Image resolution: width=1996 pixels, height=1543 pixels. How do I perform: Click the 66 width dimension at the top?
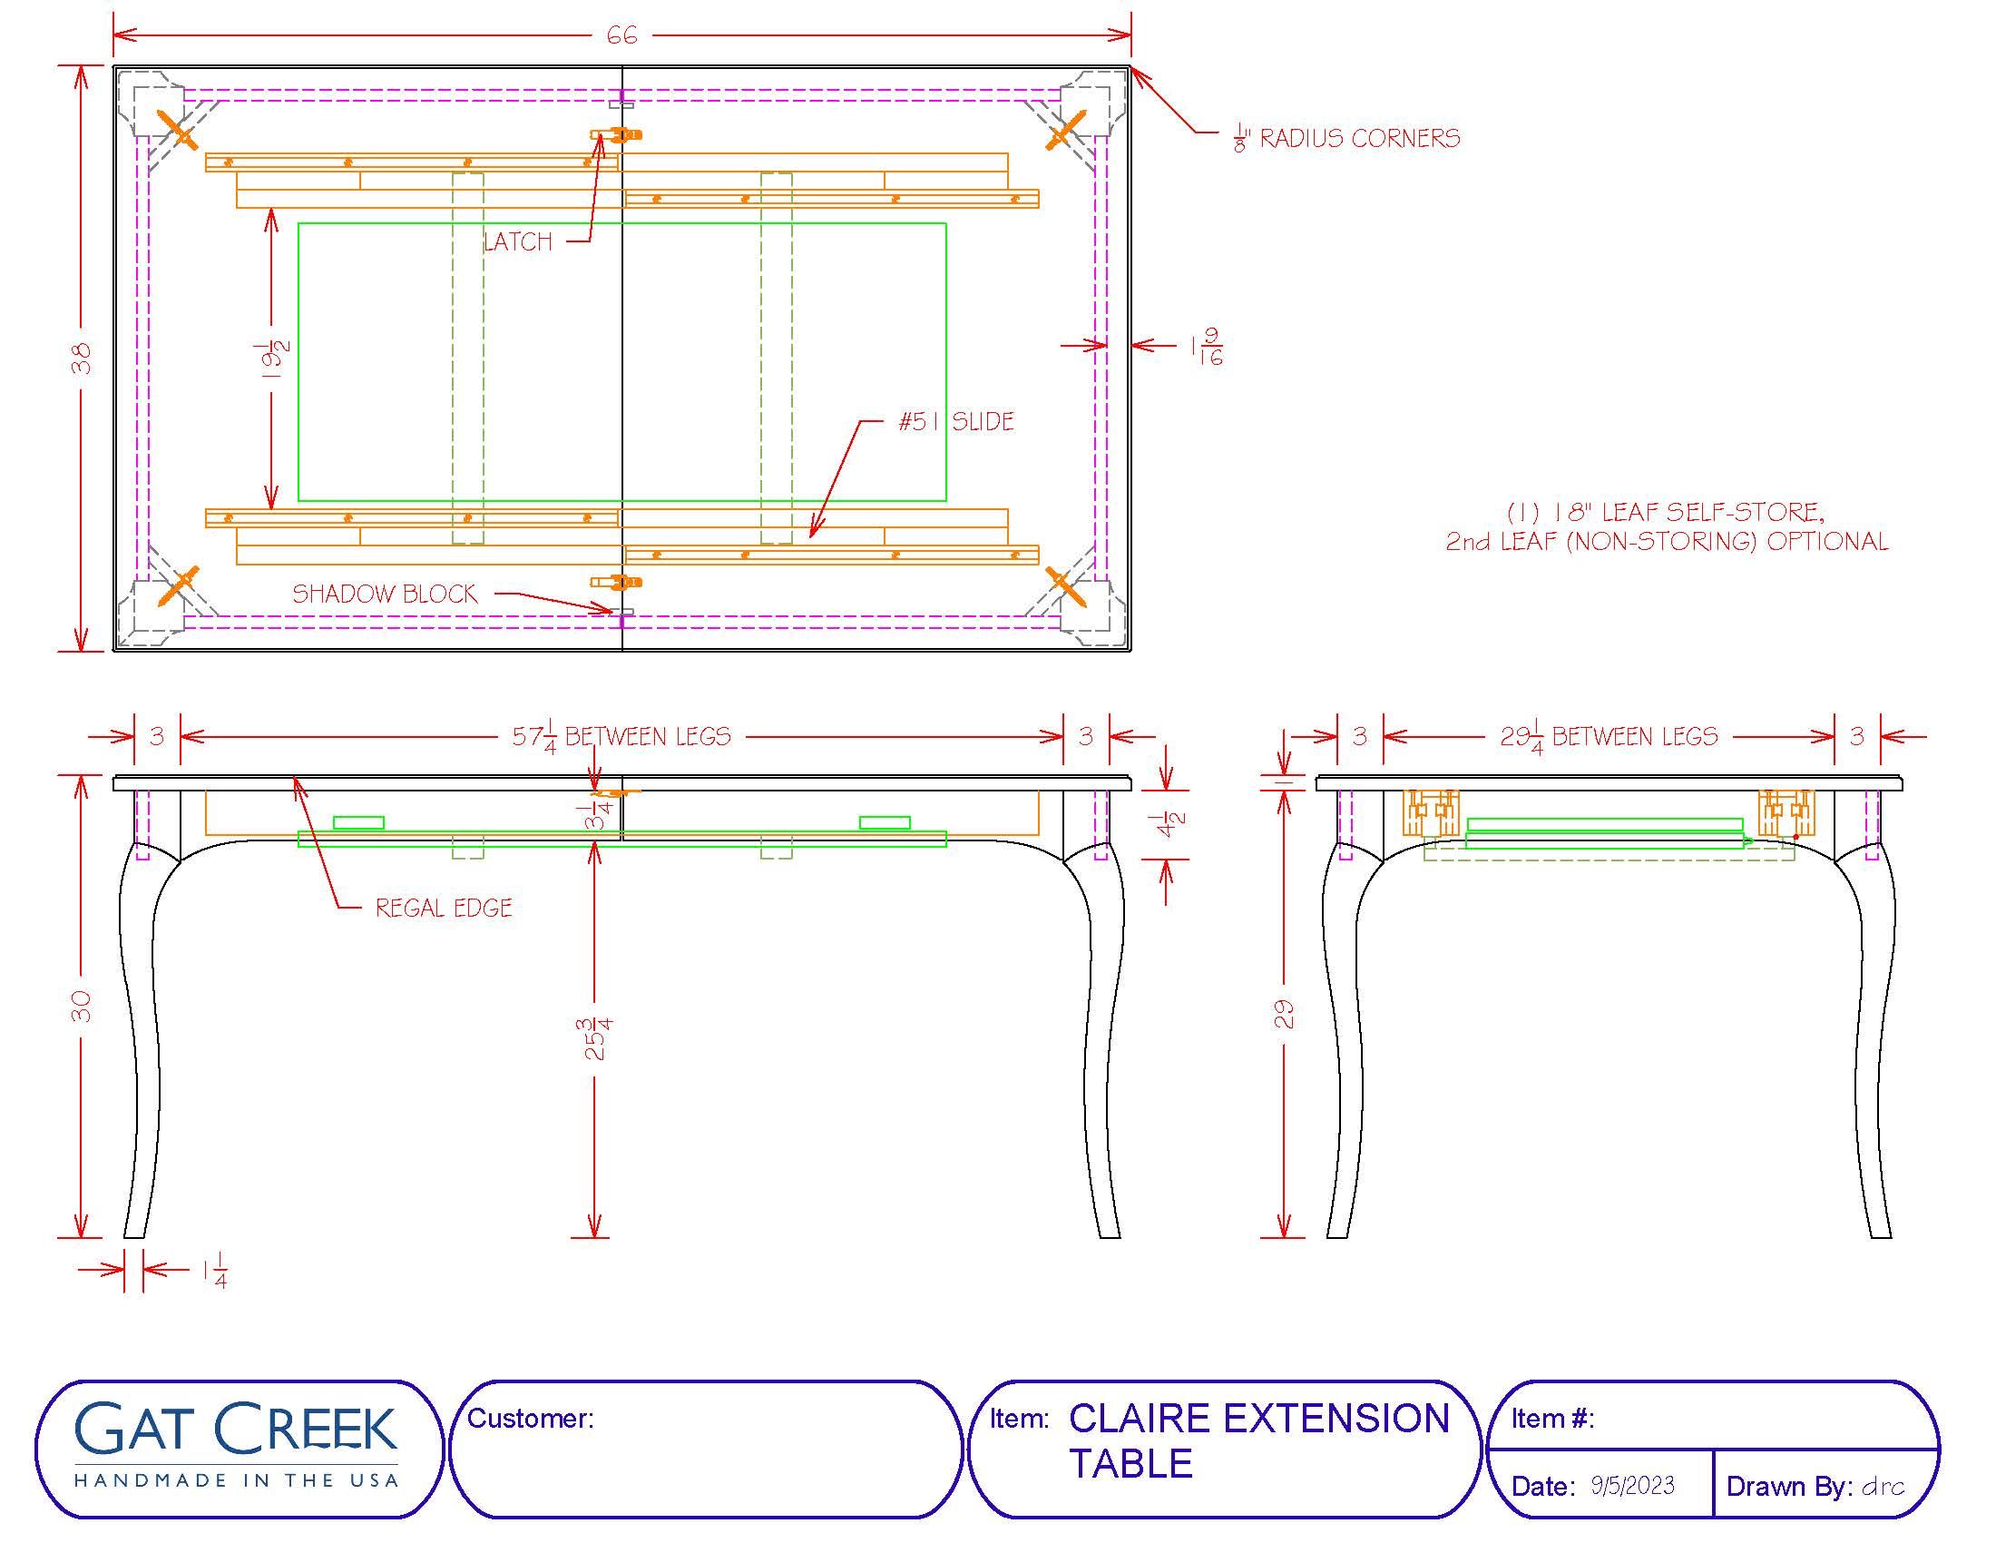pos(621,35)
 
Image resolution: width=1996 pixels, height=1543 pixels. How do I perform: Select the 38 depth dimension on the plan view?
pos(82,358)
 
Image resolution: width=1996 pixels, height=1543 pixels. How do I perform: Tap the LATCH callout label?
pos(518,241)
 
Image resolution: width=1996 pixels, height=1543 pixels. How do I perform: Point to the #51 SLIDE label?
pos(956,421)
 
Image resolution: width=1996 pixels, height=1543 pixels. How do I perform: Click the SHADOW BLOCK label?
pos(385,595)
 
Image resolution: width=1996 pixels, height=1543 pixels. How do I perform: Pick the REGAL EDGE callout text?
pos(445,908)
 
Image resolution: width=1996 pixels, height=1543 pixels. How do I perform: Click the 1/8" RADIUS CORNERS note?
pos(1346,139)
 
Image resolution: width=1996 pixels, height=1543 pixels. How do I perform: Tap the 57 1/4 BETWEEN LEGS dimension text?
pos(621,737)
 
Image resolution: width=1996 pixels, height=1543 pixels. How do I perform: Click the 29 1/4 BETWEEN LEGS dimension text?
pos(1609,737)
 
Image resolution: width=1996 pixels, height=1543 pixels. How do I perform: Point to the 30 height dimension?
pos(82,1006)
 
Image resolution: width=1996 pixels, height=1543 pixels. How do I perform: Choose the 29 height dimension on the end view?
pos(1284,1014)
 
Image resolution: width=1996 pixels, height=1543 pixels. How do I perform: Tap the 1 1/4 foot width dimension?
pos(215,1272)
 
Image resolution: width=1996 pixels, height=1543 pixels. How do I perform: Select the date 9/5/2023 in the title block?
pos(1632,1486)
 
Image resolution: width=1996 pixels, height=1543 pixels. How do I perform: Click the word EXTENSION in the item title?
pos(1336,1419)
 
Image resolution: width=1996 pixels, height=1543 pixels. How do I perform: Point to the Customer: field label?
pos(530,1418)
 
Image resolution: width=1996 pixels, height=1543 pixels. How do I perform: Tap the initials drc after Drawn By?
pos(1883,1487)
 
